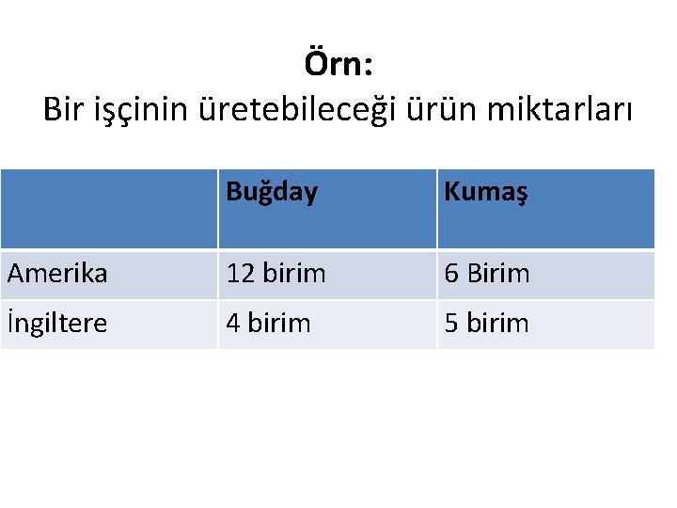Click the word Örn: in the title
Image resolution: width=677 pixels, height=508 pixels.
tap(339, 65)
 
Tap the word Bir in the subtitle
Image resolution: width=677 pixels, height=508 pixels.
tap(64, 110)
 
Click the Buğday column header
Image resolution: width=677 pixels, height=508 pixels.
tap(272, 192)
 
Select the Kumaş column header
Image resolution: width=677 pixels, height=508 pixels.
tap(486, 192)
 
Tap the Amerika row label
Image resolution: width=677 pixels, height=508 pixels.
tap(57, 274)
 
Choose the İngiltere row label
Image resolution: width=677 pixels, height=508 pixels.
tap(57, 324)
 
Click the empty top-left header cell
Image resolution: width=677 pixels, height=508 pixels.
tap(109, 208)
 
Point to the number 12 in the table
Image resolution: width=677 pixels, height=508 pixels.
tap(241, 274)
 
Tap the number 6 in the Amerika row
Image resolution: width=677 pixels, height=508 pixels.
tap(451, 274)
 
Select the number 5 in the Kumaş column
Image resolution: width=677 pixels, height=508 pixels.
tap(451, 324)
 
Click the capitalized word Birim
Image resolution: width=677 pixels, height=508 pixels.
tap(498, 274)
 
